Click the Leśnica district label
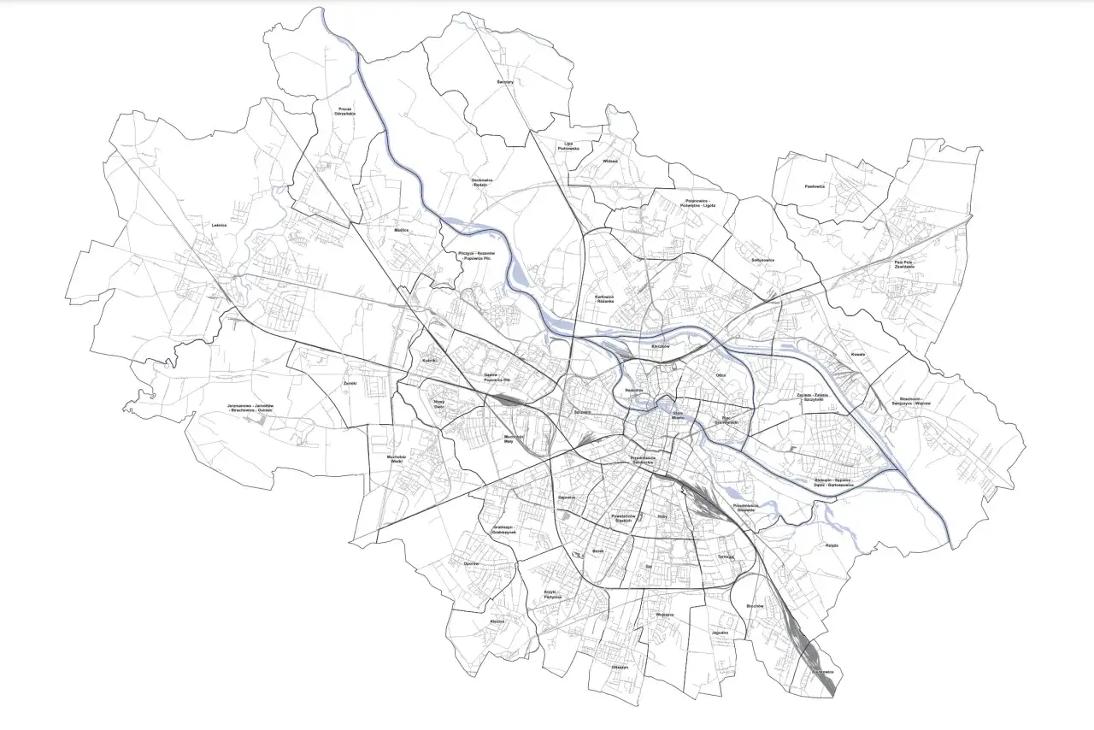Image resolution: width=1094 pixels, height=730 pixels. (220, 226)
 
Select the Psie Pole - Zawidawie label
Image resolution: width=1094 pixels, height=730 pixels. (916, 264)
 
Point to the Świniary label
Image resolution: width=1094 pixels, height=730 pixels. (504, 82)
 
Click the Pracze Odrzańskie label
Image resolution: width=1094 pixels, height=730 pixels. (345, 112)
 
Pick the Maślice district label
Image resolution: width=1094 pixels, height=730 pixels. (402, 230)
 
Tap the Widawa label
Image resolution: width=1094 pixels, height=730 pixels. (609, 161)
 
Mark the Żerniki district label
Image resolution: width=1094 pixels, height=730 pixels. (349, 383)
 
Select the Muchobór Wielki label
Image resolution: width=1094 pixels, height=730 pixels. (396, 459)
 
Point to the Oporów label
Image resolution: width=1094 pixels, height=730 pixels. (471, 563)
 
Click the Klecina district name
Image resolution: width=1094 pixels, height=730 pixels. (497, 621)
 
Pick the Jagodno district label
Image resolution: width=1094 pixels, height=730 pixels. (720, 633)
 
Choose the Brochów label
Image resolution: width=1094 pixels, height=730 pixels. (754, 606)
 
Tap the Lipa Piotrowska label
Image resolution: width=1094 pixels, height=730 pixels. (568, 145)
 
